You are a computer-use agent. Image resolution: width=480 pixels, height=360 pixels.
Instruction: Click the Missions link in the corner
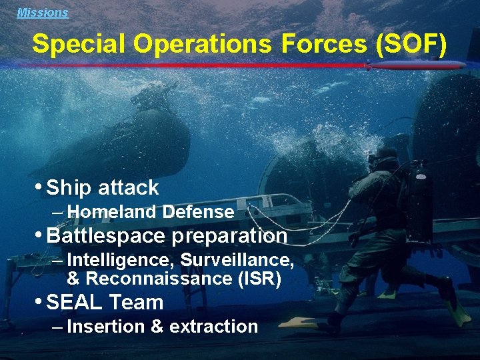click(x=42, y=12)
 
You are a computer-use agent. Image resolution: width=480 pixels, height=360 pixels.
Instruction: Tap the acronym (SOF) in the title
click(x=411, y=44)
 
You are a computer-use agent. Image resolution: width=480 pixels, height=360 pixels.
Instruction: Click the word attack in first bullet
click(x=128, y=188)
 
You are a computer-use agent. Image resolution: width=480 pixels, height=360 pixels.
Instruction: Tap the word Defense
click(x=198, y=213)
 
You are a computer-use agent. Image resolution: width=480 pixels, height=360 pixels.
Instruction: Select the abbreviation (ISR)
click(x=259, y=278)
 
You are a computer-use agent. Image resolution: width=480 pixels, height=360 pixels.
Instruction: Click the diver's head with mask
click(x=385, y=159)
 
